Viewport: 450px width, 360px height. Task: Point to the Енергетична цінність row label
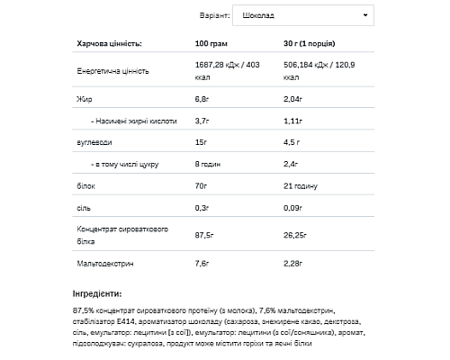click(x=112, y=69)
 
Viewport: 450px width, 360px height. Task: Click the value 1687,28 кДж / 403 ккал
click(x=232, y=69)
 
